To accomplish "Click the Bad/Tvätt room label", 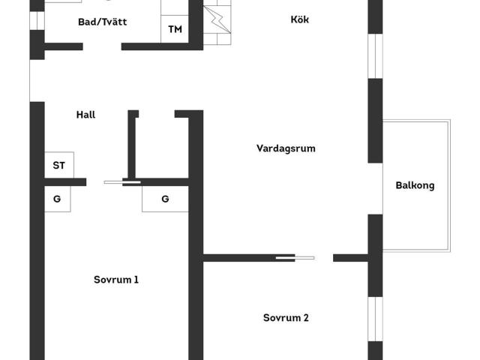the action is (x=102, y=22).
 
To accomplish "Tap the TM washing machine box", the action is (x=175, y=29).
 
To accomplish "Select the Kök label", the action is (x=300, y=19).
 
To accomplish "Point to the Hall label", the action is (x=85, y=115).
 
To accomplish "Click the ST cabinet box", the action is (x=59, y=165).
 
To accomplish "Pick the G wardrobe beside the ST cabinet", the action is (x=58, y=199).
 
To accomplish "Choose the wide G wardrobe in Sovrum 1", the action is (x=165, y=199).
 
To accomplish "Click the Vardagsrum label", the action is (x=286, y=148).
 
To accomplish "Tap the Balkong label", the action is (x=415, y=185).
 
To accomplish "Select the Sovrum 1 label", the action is (x=116, y=280).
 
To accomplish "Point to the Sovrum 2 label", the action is (x=286, y=318).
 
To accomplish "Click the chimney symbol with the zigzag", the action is (x=217, y=20).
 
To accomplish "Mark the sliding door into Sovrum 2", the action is (x=295, y=258).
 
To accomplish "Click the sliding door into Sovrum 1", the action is (x=122, y=182).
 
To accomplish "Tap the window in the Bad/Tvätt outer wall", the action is (x=37, y=20).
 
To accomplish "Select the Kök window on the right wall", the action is (x=375, y=56).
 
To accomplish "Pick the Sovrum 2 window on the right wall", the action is (x=375, y=319).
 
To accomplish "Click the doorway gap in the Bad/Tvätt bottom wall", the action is (x=102, y=46).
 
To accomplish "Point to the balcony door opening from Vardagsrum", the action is (x=375, y=188).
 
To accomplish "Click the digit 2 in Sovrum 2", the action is (x=306, y=318).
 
